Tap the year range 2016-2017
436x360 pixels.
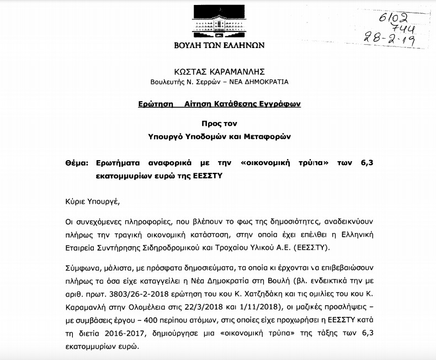tap(120, 336)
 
